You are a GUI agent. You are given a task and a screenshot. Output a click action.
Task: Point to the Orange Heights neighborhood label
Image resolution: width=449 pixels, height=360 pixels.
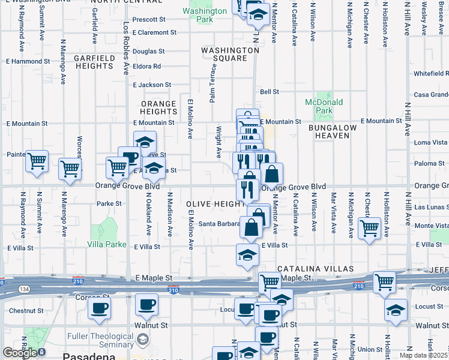click(x=158, y=108)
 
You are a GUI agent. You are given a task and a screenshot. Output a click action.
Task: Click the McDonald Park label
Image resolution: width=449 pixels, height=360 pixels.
click(x=323, y=107)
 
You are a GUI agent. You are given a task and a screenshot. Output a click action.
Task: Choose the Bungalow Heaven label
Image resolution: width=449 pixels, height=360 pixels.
click(x=332, y=131)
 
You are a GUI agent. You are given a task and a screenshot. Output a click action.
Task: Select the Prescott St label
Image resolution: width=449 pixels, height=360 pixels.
click(x=149, y=20)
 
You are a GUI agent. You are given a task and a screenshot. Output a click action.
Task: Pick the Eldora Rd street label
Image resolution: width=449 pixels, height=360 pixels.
click(x=147, y=66)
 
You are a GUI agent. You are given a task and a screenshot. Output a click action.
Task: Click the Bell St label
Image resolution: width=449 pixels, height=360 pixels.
click(x=270, y=92)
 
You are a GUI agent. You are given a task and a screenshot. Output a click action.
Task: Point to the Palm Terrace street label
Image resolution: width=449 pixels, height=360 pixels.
click(x=212, y=85)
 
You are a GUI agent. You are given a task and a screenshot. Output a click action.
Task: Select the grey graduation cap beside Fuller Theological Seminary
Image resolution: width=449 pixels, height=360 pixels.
click(x=142, y=340)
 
